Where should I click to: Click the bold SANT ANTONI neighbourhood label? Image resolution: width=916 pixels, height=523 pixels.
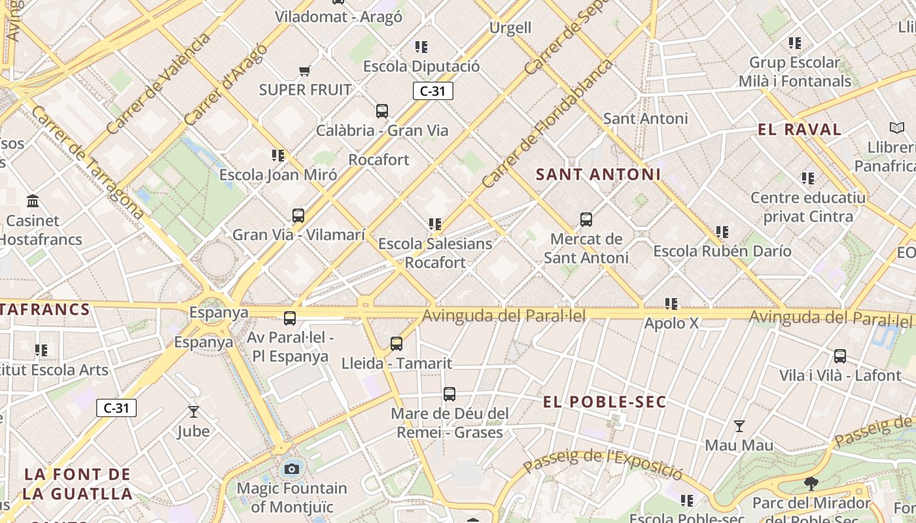598,175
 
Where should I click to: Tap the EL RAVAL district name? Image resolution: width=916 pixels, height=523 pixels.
800,129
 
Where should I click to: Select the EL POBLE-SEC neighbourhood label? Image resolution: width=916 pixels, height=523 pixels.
605,402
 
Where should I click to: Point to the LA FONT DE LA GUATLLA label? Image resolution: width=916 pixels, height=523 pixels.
78,484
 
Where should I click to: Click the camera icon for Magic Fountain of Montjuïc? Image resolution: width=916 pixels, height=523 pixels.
292,469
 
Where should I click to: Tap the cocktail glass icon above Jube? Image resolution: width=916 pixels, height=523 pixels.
193,412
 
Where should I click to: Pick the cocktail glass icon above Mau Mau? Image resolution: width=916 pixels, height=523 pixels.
739,426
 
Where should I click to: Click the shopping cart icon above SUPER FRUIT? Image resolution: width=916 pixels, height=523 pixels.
304,71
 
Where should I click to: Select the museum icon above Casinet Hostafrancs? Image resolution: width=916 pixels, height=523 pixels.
33,201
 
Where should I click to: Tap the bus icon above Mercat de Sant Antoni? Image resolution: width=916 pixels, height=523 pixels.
586,220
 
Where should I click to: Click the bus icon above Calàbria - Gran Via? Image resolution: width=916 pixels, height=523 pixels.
382,111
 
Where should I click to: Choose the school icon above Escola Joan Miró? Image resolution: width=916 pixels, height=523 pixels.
278,156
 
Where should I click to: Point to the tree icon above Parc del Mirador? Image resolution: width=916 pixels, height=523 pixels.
811,484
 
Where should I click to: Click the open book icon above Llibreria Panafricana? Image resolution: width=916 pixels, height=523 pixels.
896,127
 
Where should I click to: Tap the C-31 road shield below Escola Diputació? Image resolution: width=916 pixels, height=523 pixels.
432,91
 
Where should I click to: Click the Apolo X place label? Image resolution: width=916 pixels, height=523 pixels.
671,324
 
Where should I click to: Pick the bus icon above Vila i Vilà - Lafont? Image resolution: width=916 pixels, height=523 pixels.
840,356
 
